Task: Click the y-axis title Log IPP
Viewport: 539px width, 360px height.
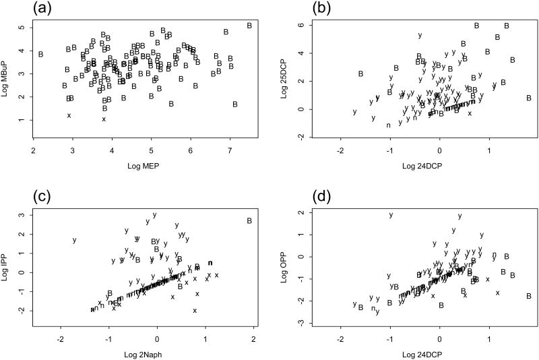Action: click(x=10, y=260)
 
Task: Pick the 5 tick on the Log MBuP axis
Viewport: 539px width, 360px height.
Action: click(x=22, y=28)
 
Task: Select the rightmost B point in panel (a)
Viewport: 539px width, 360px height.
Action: click(x=249, y=26)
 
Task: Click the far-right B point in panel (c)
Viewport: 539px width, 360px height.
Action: click(x=249, y=220)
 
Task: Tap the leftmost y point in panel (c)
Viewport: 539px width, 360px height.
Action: click(x=75, y=240)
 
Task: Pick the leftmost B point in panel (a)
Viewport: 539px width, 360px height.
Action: click(x=41, y=54)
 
